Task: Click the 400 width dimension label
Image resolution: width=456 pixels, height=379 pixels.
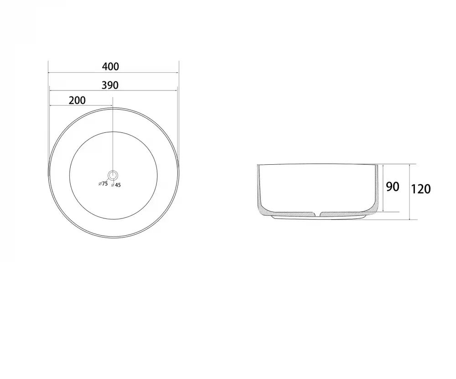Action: point(110,67)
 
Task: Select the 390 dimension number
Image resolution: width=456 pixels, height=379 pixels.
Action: point(110,86)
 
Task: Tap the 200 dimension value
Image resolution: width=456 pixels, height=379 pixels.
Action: point(77,101)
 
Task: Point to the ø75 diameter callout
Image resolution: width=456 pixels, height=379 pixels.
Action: point(103,184)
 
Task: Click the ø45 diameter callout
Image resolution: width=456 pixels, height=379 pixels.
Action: point(116,185)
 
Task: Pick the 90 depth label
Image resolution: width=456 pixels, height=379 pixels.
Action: point(393,187)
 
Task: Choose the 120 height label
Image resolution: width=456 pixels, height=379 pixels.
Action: point(420,189)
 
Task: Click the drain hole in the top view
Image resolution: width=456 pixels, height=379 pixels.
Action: point(113,175)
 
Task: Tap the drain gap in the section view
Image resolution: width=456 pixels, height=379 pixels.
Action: point(317,214)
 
